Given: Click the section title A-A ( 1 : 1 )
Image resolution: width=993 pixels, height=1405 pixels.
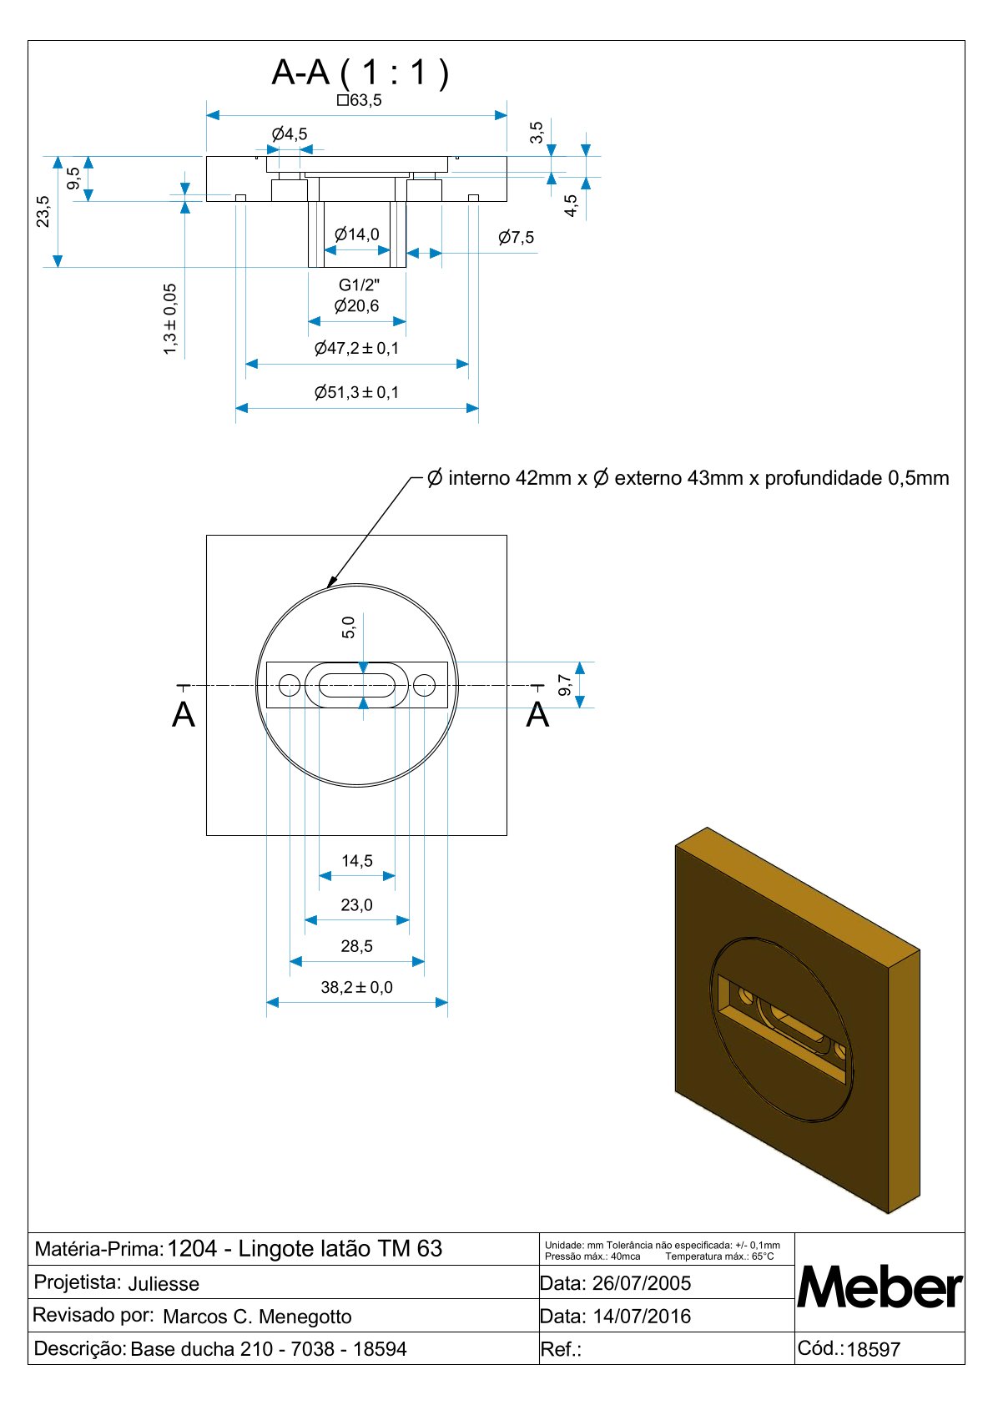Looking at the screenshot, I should [360, 73].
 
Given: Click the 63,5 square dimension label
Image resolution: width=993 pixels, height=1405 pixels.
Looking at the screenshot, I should [360, 100].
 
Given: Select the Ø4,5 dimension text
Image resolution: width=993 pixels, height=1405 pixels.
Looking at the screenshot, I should [289, 133].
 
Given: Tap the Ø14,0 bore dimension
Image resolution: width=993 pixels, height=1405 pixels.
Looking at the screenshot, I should [356, 234].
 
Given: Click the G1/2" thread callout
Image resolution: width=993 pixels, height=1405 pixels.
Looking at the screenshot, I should [359, 285].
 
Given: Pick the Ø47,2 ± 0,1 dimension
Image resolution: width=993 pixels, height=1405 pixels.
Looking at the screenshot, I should [356, 348].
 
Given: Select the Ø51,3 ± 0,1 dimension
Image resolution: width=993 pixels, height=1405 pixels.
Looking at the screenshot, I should [356, 392].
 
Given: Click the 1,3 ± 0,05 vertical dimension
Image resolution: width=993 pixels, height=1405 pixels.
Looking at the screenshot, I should [170, 319].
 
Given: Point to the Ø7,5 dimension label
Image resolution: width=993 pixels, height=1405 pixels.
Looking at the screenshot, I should [516, 238].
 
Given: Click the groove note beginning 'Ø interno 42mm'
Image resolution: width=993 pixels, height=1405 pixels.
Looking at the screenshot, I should [688, 478].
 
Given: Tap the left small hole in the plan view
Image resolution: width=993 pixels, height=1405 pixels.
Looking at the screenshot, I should [289, 686].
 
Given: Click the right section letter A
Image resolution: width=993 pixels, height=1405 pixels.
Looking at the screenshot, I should [537, 715].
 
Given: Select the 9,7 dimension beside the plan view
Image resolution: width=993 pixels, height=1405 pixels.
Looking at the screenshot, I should [565, 685].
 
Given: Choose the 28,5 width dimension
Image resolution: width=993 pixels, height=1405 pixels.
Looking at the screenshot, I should [356, 946].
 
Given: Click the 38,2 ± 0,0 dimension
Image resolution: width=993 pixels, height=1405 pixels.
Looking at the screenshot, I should [356, 987].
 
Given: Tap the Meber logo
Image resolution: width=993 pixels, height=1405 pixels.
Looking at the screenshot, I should [880, 1287].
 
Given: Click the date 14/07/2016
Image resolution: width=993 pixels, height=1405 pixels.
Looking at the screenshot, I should [642, 1317].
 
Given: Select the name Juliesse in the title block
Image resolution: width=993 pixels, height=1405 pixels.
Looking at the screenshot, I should [164, 1284].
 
